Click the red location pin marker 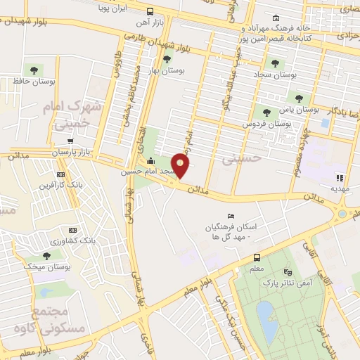[x=181, y=166]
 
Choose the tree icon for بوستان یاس [x=265, y=110]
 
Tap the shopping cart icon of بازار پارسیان [x=69, y=141]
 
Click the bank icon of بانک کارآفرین [x=60, y=174]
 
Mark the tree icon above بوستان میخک [x=46, y=255]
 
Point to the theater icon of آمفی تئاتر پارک [x=286, y=272]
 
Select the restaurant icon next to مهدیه [x=339, y=177]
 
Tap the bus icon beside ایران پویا [x=150, y=11]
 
